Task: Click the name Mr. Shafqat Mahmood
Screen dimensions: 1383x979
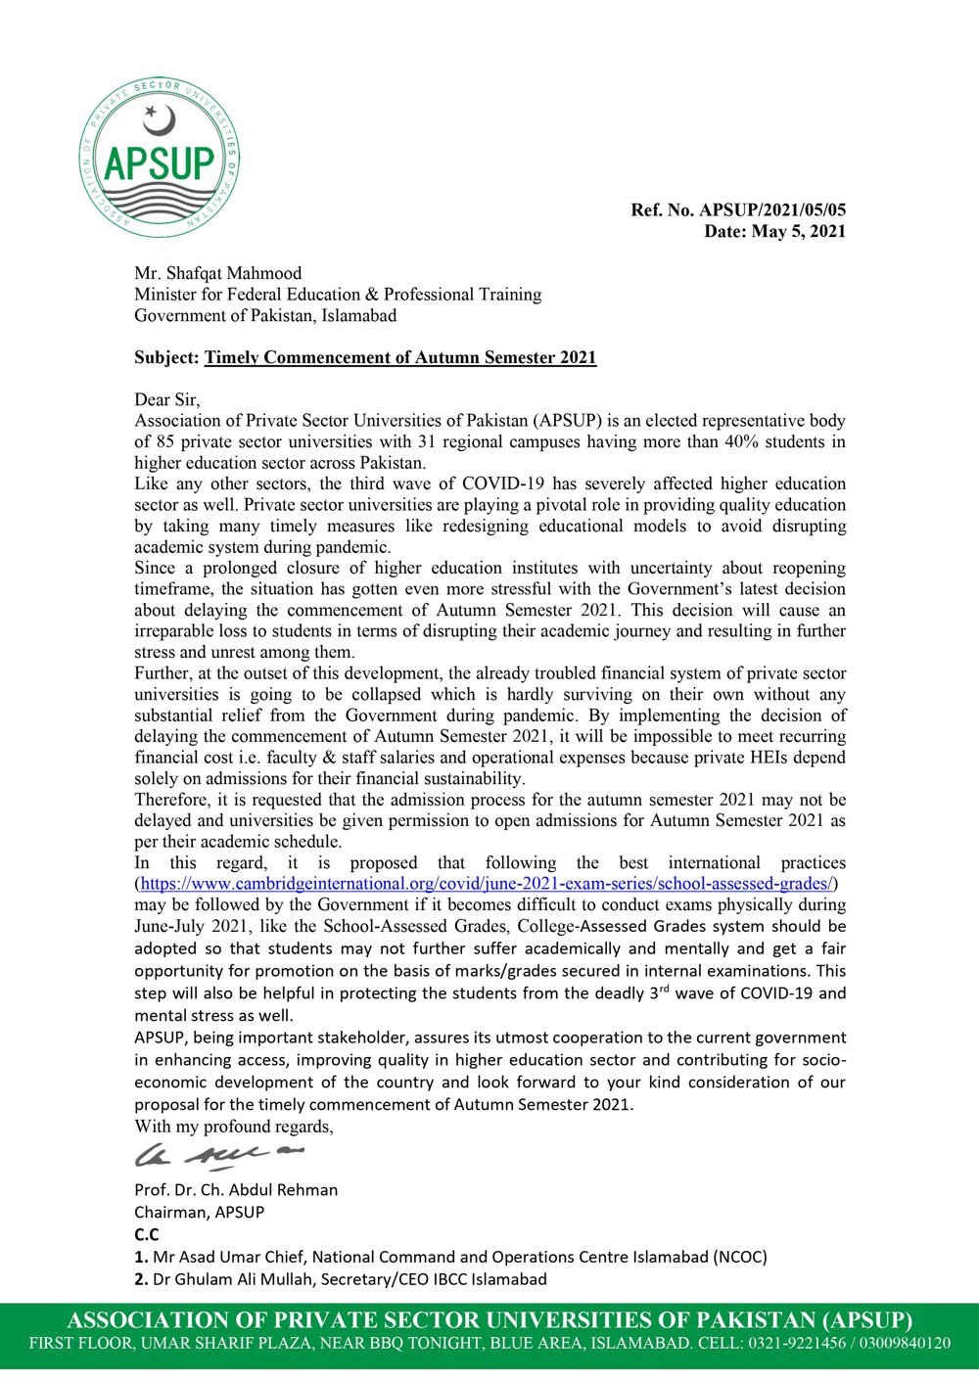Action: coord(218,273)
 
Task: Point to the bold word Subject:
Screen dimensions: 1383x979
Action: coord(166,358)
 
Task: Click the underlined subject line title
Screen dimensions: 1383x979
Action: coord(400,358)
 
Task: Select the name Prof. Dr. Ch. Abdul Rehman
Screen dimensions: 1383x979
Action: coord(236,1190)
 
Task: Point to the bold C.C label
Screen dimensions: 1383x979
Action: coord(145,1234)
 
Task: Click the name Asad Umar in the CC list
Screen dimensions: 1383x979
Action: coord(211,1257)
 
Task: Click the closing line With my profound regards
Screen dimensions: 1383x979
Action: coord(233,1127)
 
